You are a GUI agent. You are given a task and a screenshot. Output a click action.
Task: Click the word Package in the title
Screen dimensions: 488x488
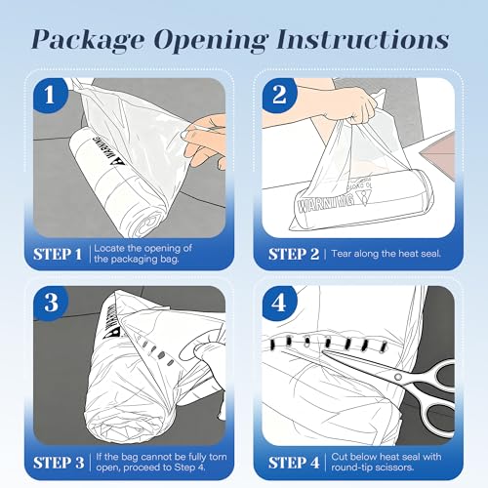pyautogui.click(x=88, y=40)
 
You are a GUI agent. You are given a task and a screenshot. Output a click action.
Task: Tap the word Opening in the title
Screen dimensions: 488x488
pyautogui.click(x=210, y=40)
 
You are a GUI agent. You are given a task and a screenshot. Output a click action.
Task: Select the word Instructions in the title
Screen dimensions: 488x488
pyautogui.click(x=363, y=39)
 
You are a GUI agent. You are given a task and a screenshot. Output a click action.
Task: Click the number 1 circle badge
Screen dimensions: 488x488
pyautogui.click(x=51, y=95)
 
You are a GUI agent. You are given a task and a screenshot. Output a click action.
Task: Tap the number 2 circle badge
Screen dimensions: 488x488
pyautogui.click(x=280, y=95)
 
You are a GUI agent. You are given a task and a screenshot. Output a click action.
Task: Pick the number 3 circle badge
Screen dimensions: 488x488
pyautogui.click(x=51, y=303)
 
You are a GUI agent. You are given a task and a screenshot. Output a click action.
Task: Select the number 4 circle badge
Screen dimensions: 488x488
pyautogui.click(x=280, y=303)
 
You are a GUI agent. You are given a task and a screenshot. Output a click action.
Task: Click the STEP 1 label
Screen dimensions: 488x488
pyautogui.click(x=58, y=254)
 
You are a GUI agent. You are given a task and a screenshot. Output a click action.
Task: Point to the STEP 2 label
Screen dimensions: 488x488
pyautogui.click(x=294, y=254)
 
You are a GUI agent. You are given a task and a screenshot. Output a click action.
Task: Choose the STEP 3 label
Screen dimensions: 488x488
pyautogui.click(x=59, y=463)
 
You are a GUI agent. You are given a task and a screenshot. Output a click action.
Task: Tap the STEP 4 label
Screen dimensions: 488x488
pyautogui.click(x=294, y=463)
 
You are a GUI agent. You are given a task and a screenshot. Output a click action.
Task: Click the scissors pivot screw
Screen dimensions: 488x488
pyautogui.click(x=398, y=377)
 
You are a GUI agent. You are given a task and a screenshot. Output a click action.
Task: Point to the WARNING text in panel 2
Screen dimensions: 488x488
pyautogui.click(x=326, y=202)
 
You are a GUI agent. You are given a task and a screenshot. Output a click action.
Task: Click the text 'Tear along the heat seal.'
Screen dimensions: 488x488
pyautogui.click(x=386, y=254)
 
